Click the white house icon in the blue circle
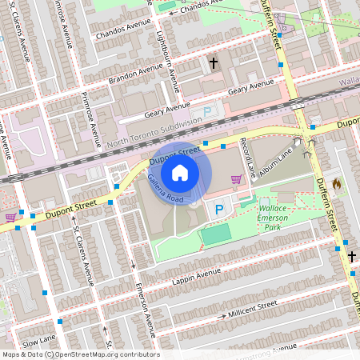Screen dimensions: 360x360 point(180,172)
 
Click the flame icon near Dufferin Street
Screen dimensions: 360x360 point(336,184)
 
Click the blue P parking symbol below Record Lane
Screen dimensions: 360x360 point(219,210)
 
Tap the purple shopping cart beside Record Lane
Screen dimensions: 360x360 point(237,178)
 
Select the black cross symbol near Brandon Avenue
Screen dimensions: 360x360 point(214,62)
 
